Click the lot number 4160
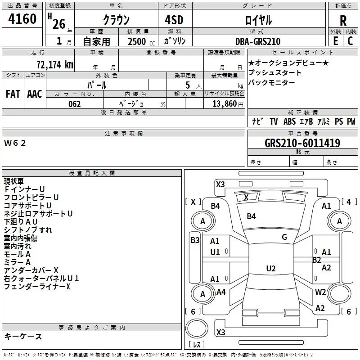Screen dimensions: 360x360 [x=22, y=18]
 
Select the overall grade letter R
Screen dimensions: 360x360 [x=343, y=21]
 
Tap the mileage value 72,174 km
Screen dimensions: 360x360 [x=55, y=64]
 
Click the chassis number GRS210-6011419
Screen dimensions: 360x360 [x=302, y=143]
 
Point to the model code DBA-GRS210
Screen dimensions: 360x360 [x=258, y=41]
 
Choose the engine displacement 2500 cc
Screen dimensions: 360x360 [x=141, y=41]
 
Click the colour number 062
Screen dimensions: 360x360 [x=75, y=104]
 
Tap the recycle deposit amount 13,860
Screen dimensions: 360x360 [x=224, y=103]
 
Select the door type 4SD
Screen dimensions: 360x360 [x=174, y=20]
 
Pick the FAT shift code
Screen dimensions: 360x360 [x=13, y=94]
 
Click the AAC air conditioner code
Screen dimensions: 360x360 [x=35, y=94]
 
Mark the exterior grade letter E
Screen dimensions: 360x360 [x=335, y=41]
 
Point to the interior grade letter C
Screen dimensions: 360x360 [x=350, y=41]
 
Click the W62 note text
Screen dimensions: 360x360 [x=15, y=143]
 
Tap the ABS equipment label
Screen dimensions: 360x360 [x=289, y=121]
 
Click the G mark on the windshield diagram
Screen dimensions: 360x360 [x=284, y=237]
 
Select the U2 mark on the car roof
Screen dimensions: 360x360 [x=271, y=268]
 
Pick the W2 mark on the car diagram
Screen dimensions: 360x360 [x=320, y=292]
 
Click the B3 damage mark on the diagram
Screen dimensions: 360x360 [x=195, y=240]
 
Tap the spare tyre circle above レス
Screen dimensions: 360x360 [x=197, y=328]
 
